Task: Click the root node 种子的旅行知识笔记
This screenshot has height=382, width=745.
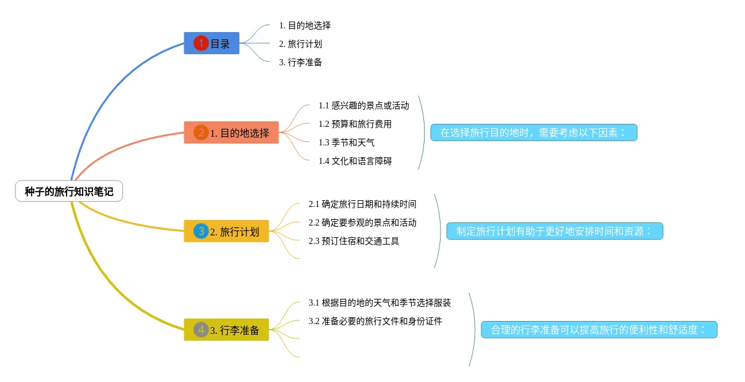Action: pyautogui.click(x=69, y=192)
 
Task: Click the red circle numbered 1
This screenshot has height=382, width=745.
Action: pyautogui.click(x=201, y=43)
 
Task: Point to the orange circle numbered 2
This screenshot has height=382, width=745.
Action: pyautogui.click(x=201, y=132)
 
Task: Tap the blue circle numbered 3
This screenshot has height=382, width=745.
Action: pyautogui.click(x=201, y=232)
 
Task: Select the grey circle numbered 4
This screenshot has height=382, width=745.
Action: pyautogui.click(x=201, y=330)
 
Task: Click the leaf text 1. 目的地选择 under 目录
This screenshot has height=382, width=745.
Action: pyautogui.click(x=304, y=25)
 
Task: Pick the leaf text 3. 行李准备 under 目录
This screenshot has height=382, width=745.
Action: pyautogui.click(x=300, y=62)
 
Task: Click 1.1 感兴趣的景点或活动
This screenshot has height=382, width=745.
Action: pyautogui.click(x=364, y=105)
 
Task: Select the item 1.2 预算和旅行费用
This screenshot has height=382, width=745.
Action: pyautogui.click(x=355, y=124)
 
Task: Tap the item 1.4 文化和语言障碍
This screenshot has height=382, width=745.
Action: pyautogui.click(x=355, y=161)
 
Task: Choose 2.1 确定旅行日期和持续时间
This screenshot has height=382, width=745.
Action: pyautogui.click(x=362, y=204)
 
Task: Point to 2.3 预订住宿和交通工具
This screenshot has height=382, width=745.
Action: pyautogui.click(x=354, y=241)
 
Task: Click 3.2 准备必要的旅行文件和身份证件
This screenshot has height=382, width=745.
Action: pyautogui.click(x=375, y=321)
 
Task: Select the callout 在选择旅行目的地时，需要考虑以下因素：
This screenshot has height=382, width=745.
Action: pyautogui.click(x=533, y=132)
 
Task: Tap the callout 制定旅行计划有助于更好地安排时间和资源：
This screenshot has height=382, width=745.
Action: pyautogui.click(x=554, y=231)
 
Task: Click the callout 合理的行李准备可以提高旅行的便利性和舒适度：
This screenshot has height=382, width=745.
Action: pyautogui.click(x=598, y=330)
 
